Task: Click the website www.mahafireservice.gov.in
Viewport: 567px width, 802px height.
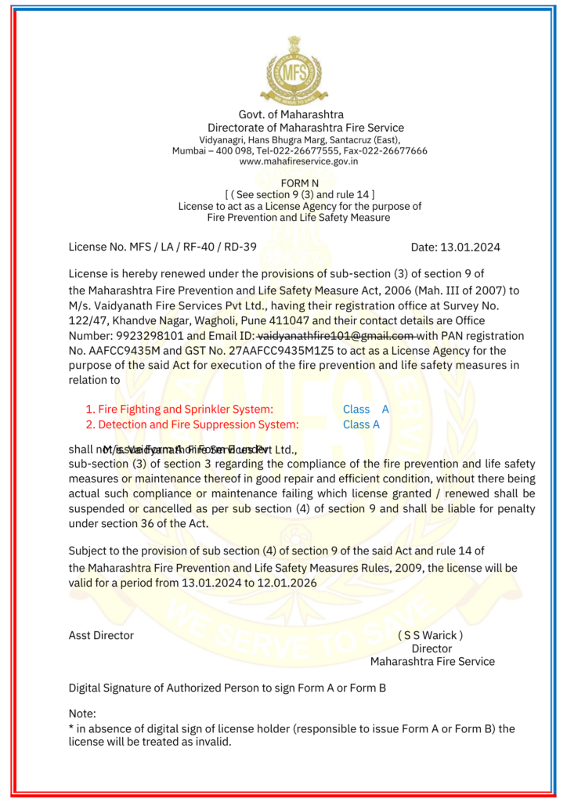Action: (x=298, y=161)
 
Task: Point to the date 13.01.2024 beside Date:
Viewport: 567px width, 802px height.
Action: (x=471, y=247)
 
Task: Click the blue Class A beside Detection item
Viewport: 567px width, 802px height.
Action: (x=361, y=424)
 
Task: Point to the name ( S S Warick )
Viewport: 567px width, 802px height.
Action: (x=430, y=635)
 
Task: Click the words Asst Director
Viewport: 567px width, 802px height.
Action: (x=101, y=635)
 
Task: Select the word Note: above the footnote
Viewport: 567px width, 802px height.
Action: (x=82, y=713)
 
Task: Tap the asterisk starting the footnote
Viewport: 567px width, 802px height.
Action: (x=71, y=728)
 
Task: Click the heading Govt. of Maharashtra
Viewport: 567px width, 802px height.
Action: (x=291, y=114)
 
